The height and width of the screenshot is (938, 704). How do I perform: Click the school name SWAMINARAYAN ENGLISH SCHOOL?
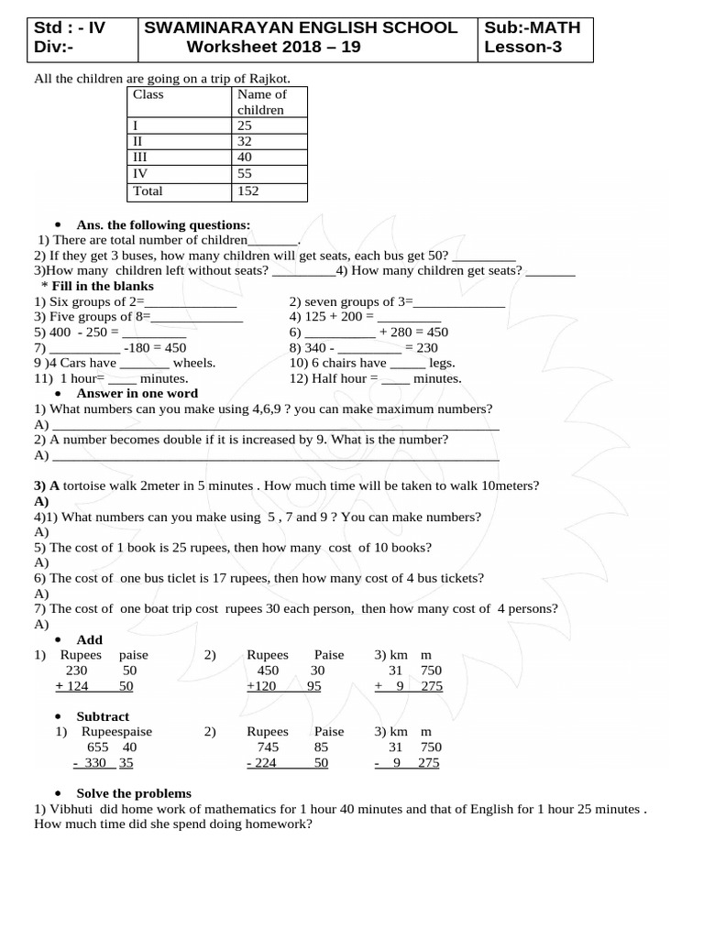point(300,27)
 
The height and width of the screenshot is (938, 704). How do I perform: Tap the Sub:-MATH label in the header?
point(533,27)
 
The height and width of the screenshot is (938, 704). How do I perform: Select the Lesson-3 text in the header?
point(522,48)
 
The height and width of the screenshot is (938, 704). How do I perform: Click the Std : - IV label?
point(70,27)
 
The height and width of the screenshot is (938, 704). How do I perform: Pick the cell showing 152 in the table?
point(247,191)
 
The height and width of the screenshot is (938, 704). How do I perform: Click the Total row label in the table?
point(148,191)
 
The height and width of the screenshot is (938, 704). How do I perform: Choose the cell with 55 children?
point(245,173)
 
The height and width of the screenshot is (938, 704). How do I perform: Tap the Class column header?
point(148,93)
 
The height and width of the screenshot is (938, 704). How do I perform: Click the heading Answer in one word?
point(137,393)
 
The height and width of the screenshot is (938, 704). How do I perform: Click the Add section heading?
point(90,639)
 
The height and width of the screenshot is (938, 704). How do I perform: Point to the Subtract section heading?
point(103,716)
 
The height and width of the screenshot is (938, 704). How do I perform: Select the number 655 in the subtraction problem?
point(97,747)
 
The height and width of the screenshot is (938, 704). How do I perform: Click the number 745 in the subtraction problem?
point(259,747)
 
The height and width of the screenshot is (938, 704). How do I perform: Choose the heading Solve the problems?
point(134,793)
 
